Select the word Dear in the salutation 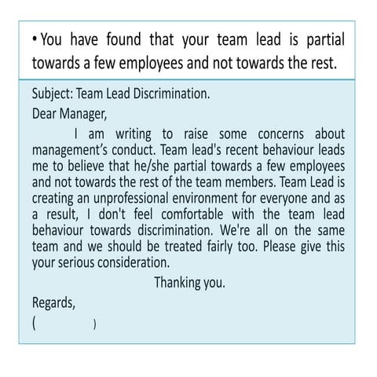pos(45,113)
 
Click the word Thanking pos(178,283)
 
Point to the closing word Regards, pos(53,302)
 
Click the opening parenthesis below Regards pos(35,322)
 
